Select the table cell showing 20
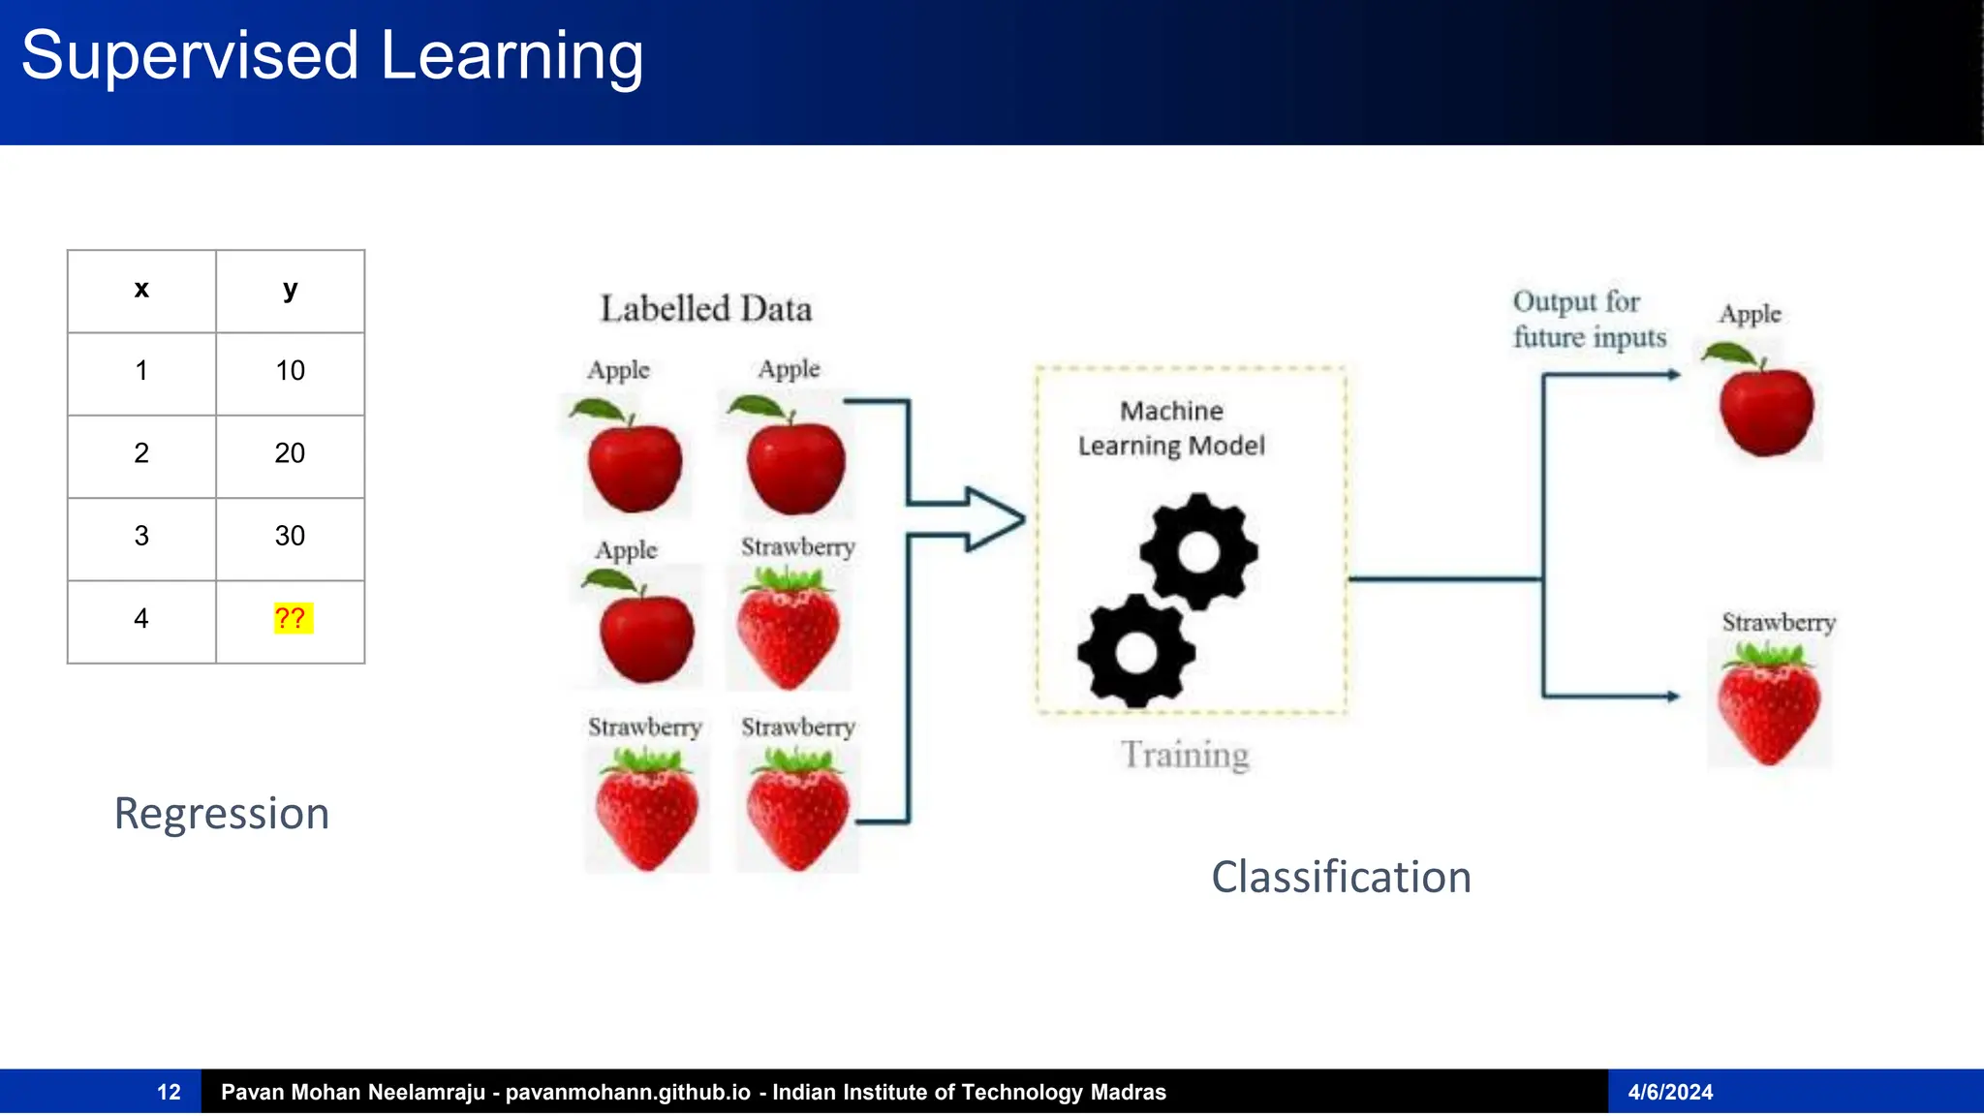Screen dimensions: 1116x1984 click(x=290, y=453)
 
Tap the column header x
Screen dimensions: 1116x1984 click(x=141, y=290)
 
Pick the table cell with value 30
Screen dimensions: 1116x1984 click(x=290, y=536)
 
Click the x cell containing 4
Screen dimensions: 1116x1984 click(x=141, y=619)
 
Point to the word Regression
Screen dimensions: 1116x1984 click(x=222, y=814)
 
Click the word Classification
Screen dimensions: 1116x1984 click(x=1341, y=878)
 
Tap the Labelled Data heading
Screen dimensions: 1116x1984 click(x=705, y=309)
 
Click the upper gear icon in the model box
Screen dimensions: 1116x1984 click(x=1199, y=552)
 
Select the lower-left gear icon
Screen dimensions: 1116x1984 click(x=1136, y=651)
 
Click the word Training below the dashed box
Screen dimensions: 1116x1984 click(x=1185, y=755)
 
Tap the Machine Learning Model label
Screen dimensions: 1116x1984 click(x=1171, y=428)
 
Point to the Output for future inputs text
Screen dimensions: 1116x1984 click(x=1589, y=319)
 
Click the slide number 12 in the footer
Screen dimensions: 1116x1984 click(x=169, y=1093)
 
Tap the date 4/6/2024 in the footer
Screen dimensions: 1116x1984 click(x=1670, y=1093)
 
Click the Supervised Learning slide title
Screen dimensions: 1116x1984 click(x=332, y=56)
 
